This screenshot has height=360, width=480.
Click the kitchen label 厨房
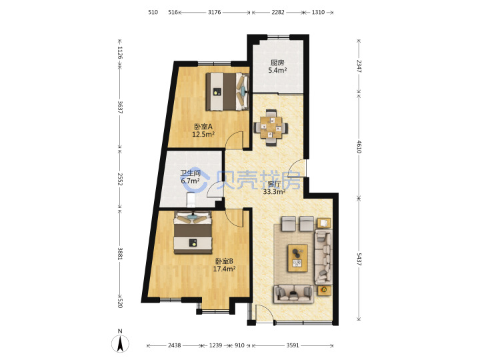[277, 63]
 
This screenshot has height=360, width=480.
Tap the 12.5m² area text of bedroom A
[203, 134]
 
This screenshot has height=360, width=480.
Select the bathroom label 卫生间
[190, 173]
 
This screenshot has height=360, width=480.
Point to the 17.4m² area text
[224, 269]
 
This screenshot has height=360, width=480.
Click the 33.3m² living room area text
[275, 192]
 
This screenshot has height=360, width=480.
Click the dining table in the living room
[271, 127]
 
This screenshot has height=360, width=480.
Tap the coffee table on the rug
[297, 258]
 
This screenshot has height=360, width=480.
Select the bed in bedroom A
[227, 91]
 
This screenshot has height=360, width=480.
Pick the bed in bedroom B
[193, 233]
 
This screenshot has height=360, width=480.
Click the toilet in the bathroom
[191, 199]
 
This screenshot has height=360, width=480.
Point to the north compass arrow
[121, 343]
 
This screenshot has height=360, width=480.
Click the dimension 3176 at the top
[214, 12]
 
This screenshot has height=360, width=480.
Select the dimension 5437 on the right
[359, 259]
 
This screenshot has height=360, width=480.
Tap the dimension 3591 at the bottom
[293, 345]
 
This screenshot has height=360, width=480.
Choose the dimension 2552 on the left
[120, 179]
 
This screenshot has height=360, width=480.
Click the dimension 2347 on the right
[359, 66]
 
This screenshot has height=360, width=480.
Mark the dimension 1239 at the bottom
[215, 345]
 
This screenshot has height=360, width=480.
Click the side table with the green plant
[324, 289]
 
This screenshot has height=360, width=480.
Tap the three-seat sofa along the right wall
[323, 257]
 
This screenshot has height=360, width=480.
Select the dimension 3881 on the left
[120, 254]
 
